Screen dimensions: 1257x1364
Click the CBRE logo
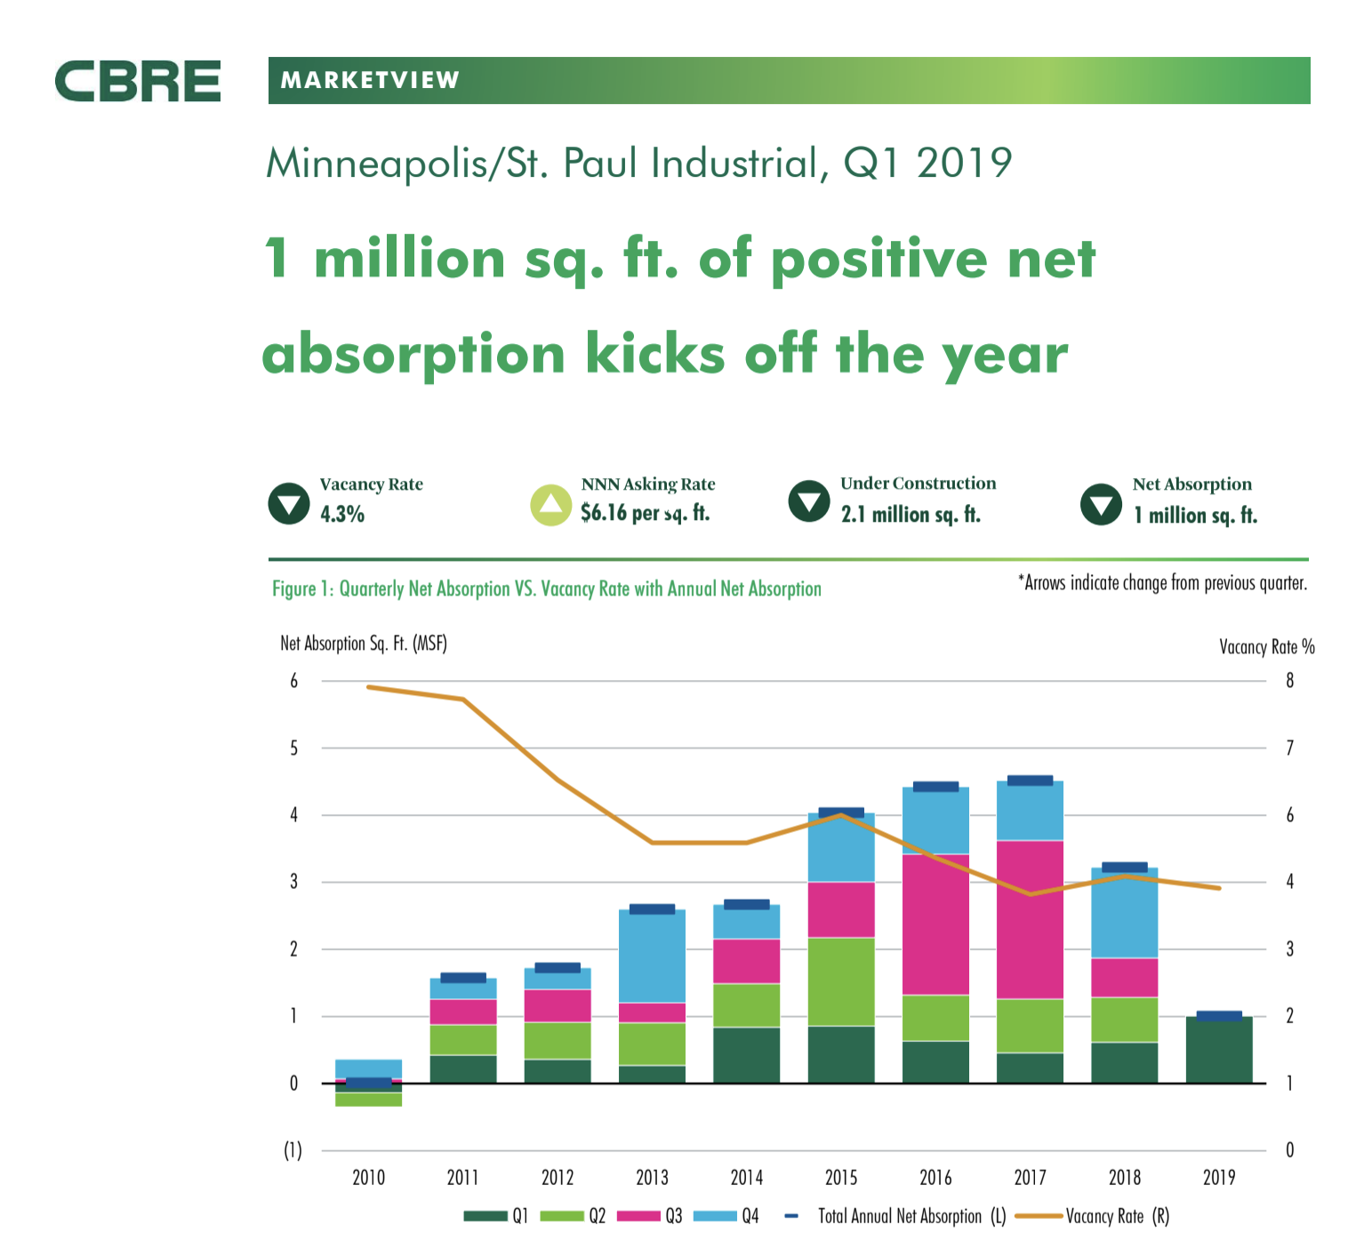click(138, 81)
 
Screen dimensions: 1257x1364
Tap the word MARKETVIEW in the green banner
click(370, 81)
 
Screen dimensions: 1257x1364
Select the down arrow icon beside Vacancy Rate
click(289, 504)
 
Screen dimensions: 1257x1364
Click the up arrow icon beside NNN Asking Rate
click(551, 505)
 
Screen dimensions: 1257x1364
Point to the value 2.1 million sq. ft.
click(911, 515)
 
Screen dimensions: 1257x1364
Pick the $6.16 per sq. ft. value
click(645, 513)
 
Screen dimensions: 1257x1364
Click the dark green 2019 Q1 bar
click(1219, 1051)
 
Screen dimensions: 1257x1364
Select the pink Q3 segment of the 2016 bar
click(935, 925)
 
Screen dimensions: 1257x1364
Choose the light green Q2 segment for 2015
click(841, 981)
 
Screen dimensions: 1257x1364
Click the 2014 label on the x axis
click(747, 1178)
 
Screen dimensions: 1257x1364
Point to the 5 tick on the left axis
click(293, 749)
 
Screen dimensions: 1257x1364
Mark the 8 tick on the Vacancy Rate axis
click(1290, 682)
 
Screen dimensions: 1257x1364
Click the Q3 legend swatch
click(638, 1216)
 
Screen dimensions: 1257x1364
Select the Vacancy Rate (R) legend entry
click(1117, 1216)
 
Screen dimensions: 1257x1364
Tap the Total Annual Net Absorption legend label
click(911, 1216)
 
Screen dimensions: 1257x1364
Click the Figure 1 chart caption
click(546, 588)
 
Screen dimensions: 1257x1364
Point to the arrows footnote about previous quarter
click(1162, 583)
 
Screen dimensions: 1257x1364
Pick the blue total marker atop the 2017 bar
click(1030, 781)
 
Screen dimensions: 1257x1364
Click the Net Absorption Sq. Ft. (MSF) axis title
click(363, 644)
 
